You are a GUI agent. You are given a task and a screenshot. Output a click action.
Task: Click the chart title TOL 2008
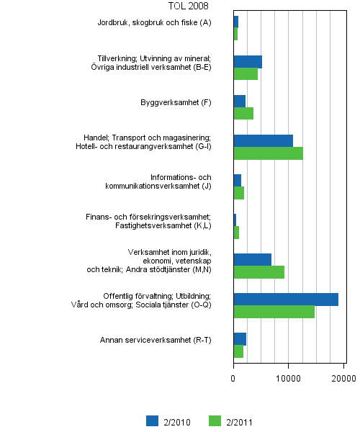click(x=189, y=6)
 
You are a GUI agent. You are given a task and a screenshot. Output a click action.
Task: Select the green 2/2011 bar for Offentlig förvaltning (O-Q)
click(x=274, y=312)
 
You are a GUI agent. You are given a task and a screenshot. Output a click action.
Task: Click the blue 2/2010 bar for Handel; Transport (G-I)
click(x=263, y=140)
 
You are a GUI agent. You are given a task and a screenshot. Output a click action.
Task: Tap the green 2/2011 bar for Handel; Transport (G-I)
click(x=268, y=153)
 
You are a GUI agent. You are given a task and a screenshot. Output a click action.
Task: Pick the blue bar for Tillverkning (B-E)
click(x=248, y=61)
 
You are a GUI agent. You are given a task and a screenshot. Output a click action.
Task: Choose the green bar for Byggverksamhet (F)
click(x=243, y=113)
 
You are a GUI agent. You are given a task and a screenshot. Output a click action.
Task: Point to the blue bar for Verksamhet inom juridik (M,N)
click(x=252, y=259)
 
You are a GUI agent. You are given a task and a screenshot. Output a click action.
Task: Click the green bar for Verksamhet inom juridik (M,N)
click(x=258, y=271)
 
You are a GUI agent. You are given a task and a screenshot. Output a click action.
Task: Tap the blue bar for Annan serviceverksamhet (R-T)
click(x=240, y=338)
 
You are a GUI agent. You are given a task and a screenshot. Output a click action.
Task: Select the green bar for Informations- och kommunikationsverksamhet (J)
click(x=238, y=192)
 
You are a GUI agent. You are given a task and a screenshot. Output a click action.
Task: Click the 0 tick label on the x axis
click(x=233, y=377)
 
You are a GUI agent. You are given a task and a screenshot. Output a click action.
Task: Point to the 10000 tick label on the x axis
click(x=289, y=377)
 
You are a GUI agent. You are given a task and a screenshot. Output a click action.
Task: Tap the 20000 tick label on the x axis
click(x=343, y=377)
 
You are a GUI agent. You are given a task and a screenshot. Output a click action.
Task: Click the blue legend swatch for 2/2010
click(x=152, y=421)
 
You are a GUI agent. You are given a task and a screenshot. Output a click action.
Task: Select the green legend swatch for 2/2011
click(x=214, y=421)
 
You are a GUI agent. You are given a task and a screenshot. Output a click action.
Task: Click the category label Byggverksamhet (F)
click(x=176, y=102)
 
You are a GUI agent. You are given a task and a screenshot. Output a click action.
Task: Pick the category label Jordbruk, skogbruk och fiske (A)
click(x=154, y=22)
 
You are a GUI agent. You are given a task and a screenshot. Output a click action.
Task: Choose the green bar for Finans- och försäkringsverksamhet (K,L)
click(x=236, y=232)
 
